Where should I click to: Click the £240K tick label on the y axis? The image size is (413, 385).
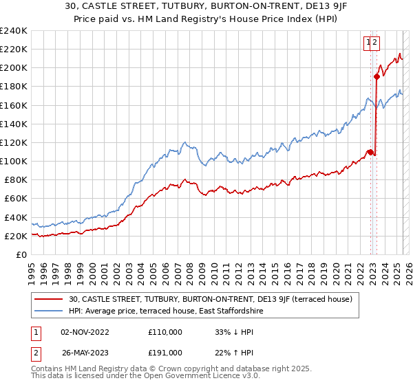[13, 31]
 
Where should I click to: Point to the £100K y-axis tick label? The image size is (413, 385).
[13, 161]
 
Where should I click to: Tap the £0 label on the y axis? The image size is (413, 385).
[21, 254]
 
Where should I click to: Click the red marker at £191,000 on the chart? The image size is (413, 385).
[377, 76]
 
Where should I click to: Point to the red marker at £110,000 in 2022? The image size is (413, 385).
[370, 152]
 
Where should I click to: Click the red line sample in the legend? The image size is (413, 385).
[50, 299]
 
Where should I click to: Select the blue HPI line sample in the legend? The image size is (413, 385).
[50, 311]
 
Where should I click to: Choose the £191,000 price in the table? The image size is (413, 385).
[165, 353]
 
